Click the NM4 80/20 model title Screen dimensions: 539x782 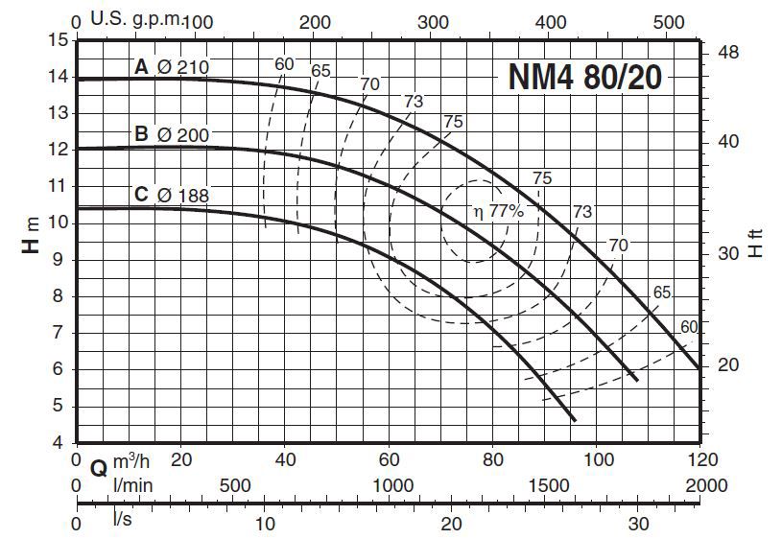(584, 77)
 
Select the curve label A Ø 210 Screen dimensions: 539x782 (171, 67)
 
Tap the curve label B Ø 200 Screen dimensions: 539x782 (171, 135)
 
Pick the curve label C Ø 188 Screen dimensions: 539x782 (171, 195)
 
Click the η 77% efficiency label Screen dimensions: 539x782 (497, 212)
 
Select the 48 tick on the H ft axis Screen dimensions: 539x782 (730, 52)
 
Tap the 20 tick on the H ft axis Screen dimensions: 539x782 (730, 365)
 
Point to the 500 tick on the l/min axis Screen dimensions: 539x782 (237, 486)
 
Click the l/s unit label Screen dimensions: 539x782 (123, 520)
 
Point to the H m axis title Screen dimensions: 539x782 (32, 236)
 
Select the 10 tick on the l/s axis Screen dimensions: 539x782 (265, 525)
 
